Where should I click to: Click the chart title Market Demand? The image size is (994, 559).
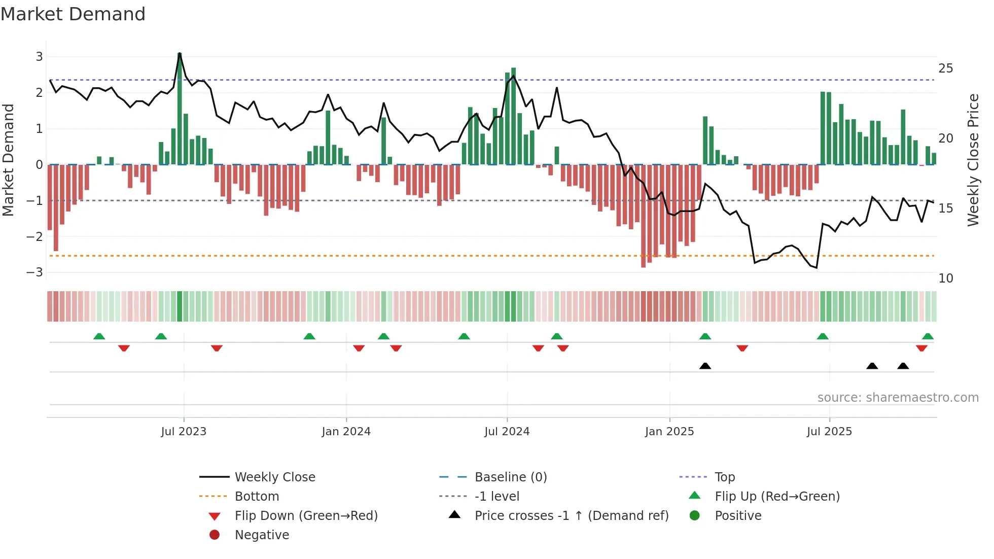pos(73,14)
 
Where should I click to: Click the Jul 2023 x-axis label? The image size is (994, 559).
pos(184,432)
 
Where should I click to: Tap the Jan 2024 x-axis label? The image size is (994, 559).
pos(346,432)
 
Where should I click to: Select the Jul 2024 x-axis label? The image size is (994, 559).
pos(507,432)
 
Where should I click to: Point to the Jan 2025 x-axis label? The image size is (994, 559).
pos(669,432)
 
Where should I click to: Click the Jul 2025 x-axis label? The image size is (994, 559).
pos(829,432)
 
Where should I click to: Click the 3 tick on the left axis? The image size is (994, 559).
pos(39,57)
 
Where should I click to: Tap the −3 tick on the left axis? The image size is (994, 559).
pos(35,272)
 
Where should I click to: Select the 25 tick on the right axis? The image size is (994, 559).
pos(945,68)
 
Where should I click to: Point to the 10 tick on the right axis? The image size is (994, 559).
pos(945,278)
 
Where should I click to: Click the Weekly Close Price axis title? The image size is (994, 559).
pos(973,160)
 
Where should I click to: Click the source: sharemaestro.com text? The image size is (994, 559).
pos(898,398)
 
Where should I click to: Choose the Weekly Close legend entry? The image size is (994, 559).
pos(274,477)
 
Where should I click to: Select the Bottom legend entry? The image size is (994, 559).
pos(257,497)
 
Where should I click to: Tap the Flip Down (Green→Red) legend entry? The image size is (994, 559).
pos(306,516)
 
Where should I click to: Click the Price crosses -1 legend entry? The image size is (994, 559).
pos(571,516)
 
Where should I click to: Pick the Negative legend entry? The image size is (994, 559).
pos(262,535)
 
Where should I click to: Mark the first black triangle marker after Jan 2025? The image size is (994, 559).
pos(705,366)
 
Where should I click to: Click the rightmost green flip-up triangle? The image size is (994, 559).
pos(928,336)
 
